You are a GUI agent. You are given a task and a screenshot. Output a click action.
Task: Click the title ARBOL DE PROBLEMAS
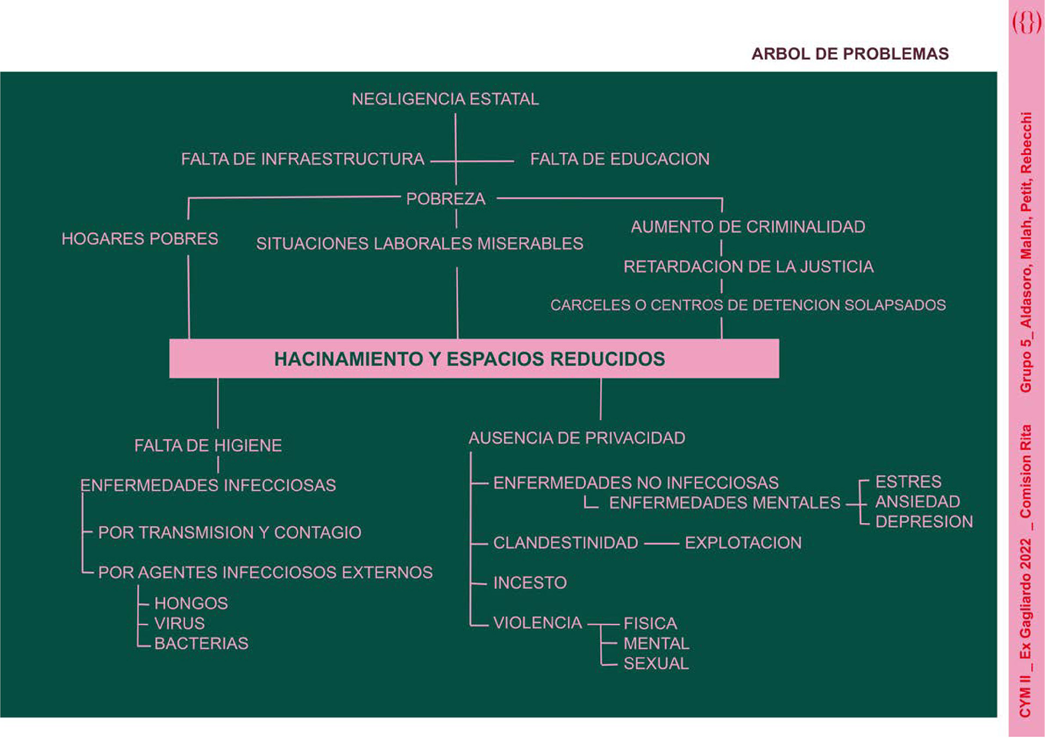point(850,54)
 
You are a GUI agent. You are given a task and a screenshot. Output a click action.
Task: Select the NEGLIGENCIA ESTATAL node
point(445,99)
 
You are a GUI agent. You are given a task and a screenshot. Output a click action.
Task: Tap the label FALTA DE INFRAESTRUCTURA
point(303,159)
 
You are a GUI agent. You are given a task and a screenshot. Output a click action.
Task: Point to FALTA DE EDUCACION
point(619,159)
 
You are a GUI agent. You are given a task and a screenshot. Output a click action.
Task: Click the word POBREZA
point(445,199)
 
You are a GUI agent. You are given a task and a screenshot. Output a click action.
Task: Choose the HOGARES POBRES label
point(140,239)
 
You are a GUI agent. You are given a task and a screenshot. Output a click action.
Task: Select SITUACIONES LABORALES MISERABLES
point(419,244)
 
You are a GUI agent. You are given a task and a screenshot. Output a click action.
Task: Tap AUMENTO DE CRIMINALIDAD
point(748,227)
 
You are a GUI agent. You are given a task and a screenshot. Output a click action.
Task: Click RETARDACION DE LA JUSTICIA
point(748,266)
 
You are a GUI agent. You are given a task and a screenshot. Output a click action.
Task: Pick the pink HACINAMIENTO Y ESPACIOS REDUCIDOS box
point(474,358)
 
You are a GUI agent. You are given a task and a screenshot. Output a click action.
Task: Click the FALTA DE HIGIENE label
point(208,446)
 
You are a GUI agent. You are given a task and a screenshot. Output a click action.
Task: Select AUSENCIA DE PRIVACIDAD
point(577,438)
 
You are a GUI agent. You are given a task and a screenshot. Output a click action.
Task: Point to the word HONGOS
point(191,603)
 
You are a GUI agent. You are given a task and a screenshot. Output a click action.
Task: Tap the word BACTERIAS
point(201,643)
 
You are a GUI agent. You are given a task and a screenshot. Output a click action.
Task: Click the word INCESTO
point(530,583)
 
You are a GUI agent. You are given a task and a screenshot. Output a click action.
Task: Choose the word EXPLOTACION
point(743,543)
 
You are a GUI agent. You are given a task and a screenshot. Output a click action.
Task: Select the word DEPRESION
point(924,522)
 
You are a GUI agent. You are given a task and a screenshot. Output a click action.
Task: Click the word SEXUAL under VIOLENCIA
point(656,663)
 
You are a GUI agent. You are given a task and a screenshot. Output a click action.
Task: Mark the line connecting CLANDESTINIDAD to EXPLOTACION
point(661,543)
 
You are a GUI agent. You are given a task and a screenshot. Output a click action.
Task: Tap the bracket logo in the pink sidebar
point(1026,23)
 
